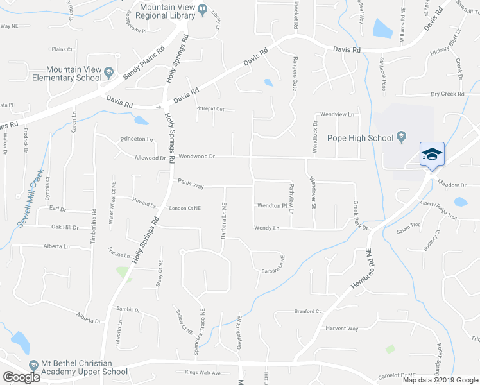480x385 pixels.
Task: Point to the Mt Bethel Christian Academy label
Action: coord(84,367)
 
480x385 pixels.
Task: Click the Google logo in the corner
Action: coord(21,377)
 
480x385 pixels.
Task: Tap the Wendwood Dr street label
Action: coord(196,156)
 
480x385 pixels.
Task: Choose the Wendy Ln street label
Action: coord(267,228)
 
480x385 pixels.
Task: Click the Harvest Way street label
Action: coord(341,329)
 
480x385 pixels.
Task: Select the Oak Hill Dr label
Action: coord(65,227)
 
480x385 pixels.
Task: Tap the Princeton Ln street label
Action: coord(136,139)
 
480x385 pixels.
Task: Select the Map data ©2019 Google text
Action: coord(440,380)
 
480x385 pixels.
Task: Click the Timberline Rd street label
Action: coord(94,223)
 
